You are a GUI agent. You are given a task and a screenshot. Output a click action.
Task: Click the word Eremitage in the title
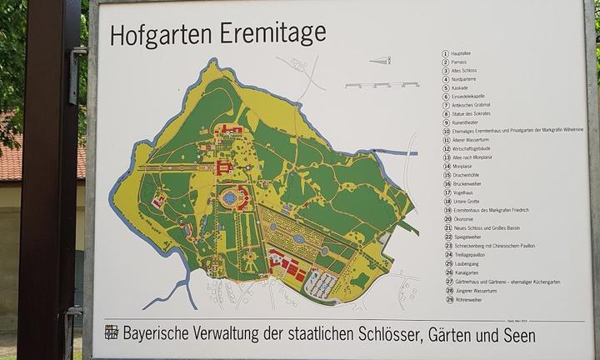click(274, 34)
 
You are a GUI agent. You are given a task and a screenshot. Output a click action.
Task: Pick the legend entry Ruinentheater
click(469, 122)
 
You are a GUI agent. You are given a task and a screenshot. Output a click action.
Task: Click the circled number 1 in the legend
click(446, 53)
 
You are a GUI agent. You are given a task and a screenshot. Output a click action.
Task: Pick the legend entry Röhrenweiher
click(468, 298)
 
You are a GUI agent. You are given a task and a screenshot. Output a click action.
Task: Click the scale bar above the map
click(381, 85)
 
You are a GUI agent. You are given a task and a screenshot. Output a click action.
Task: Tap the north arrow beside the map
click(379, 61)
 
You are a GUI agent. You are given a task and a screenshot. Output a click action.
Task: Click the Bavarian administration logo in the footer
click(111, 332)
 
